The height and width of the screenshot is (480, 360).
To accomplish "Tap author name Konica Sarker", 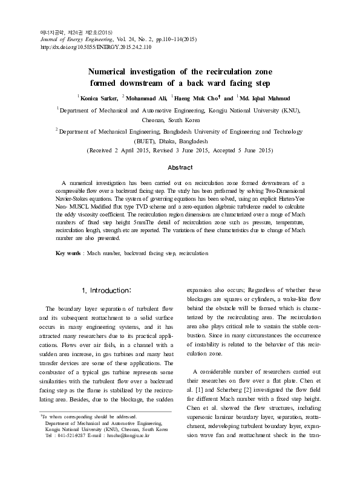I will [x=99, y=97].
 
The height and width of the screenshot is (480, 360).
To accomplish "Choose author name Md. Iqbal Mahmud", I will [x=267, y=97].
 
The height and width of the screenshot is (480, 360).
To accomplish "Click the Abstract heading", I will [x=180, y=167].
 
